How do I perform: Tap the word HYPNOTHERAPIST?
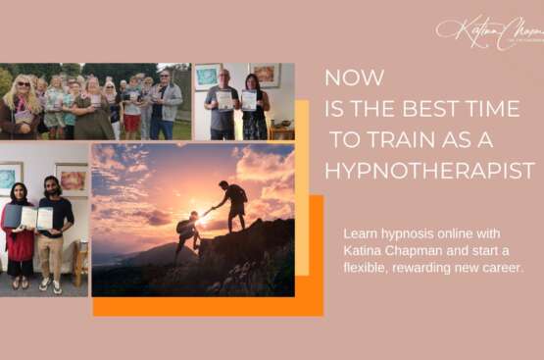[429, 170]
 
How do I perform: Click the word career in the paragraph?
[502, 267]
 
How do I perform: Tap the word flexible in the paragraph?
[368, 267]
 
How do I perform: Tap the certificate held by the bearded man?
[44, 218]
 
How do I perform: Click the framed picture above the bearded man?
[72, 179]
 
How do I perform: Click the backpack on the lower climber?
[182, 227]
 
